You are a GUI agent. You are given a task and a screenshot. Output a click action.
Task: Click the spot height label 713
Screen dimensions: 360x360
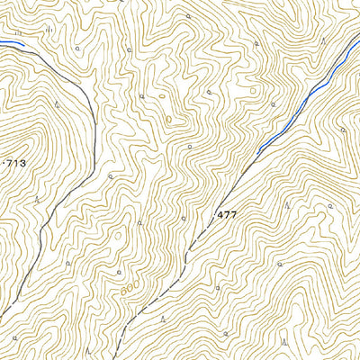tap(15, 163)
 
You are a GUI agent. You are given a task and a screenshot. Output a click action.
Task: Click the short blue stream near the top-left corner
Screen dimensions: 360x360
tap(11, 41)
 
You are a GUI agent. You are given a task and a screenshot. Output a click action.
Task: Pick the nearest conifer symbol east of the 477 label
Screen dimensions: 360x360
tap(286, 204)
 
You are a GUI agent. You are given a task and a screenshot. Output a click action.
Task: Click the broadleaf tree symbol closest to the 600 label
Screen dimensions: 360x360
tap(119, 269)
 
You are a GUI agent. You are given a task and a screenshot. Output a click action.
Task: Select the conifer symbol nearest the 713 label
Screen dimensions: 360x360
tap(37, 195)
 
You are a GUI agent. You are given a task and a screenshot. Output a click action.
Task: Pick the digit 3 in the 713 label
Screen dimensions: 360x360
tap(22, 163)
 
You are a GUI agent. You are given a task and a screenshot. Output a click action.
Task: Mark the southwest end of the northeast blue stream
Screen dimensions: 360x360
tap(256, 150)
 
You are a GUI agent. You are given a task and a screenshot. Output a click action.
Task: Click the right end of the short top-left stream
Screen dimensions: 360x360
tap(22, 44)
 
